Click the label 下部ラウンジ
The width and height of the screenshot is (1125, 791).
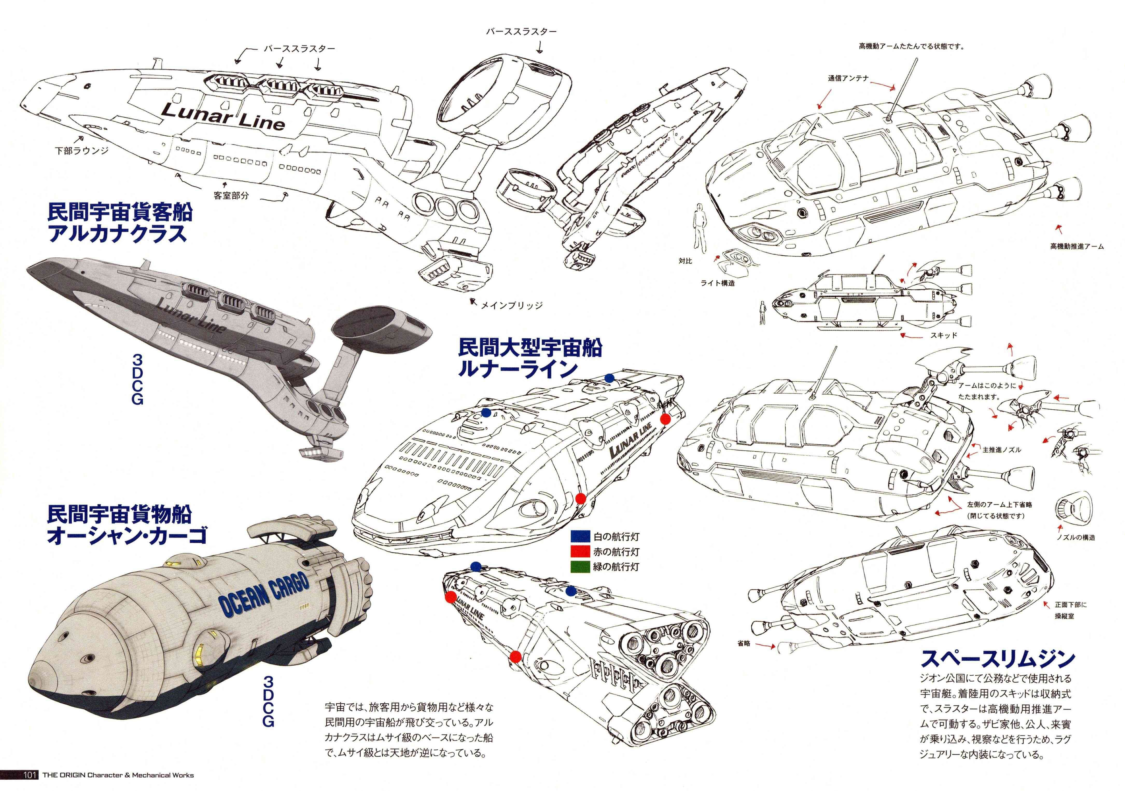[x=81, y=150]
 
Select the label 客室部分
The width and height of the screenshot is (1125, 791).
[x=231, y=195]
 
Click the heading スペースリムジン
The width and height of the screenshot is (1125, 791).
[x=998, y=659]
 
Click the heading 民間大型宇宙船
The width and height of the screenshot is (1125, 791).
[x=530, y=348]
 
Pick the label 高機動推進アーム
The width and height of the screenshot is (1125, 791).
[x=1077, y=246]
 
